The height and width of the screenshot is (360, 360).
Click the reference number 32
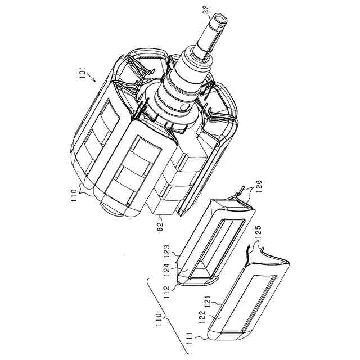point(206,10)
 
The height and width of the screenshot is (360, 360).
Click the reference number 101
point(82,73)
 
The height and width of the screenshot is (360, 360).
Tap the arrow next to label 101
point(92,78)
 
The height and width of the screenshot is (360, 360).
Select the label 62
point(160,226)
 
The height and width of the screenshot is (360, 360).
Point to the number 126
point(258,186)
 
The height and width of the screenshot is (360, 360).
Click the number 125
point(258,232)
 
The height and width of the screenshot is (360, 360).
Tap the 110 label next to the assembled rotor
point(74,195)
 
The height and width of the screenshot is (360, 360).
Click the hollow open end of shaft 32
point(220,19)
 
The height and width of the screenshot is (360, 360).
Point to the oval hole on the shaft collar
point(184,107)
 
